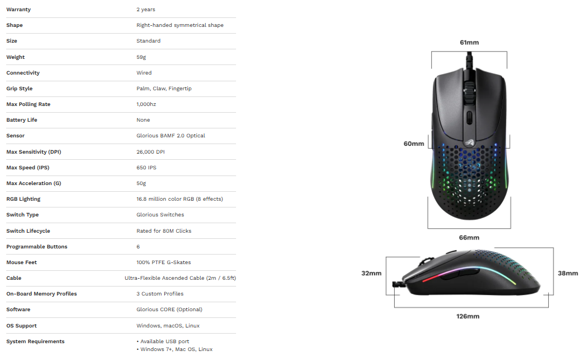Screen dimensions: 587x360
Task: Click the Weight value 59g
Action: [141, 57]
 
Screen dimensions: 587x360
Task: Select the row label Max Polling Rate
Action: [28, 104]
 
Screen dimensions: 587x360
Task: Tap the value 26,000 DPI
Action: [150, 152]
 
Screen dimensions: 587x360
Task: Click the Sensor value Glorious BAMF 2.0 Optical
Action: [170, 136]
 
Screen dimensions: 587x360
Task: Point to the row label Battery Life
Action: [22, 120]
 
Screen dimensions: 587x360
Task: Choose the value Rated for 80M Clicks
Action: [164, 231]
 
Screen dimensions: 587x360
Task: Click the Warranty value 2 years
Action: [146, 10]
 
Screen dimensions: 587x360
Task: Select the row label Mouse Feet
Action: [21, 262]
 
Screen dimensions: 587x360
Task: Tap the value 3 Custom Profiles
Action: [160, 294]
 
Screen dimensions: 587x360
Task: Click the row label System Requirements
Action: [35, 341]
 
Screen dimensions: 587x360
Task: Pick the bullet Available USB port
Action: [163, 341]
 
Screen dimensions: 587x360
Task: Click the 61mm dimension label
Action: [469, 42]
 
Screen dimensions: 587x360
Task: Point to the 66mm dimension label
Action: [469, 238]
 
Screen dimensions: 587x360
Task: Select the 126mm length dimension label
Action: [468, 316]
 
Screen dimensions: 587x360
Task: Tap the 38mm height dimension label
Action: [568, 273]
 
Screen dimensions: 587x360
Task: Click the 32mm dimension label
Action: [371, 273]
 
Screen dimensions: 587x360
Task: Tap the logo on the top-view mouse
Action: [469, 143]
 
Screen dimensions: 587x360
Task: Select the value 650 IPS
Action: [146, 168]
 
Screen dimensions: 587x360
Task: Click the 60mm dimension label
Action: [414, 144]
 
